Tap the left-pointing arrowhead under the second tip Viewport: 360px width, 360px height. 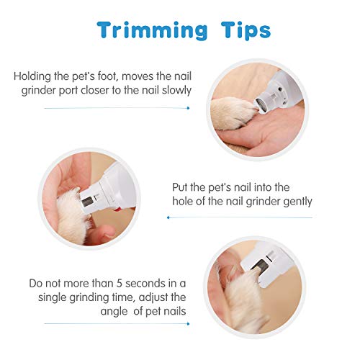168,217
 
